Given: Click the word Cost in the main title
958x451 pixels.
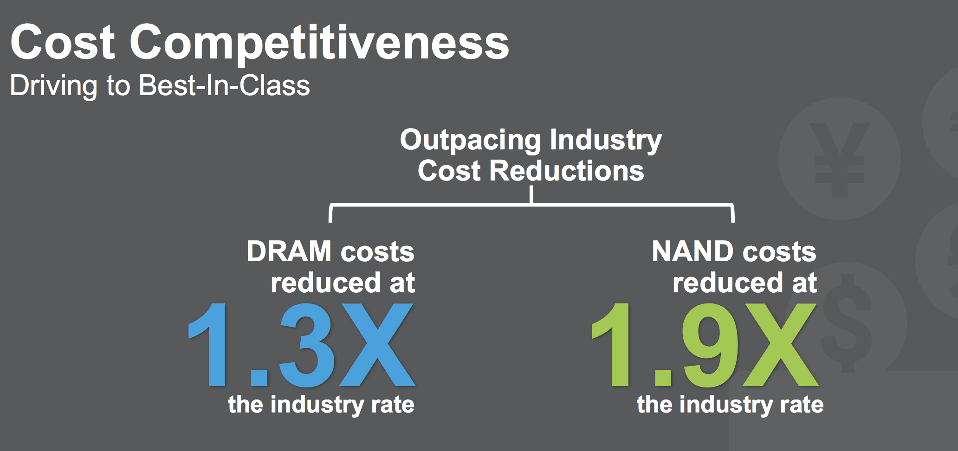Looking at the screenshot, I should [x=63, y=43].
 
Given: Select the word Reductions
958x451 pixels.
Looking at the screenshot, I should [x=567, y=171].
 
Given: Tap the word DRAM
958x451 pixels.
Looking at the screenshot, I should [x=289, y=251].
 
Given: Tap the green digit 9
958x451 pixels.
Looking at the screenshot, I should [x=709, y=346].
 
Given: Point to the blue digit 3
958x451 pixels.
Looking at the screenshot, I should [x=306, y=346].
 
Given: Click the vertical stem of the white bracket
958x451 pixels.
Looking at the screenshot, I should [x=531, y=195].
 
